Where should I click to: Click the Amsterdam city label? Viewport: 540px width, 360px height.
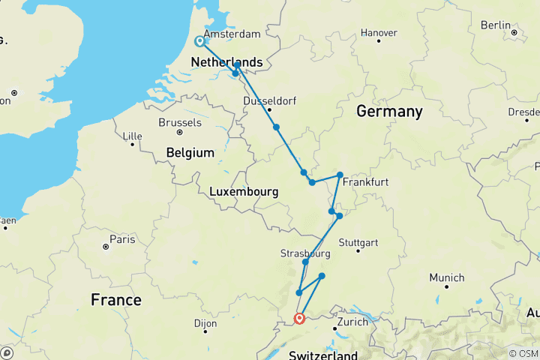(232, 34)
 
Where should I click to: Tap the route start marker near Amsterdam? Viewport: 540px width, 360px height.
(199, 42)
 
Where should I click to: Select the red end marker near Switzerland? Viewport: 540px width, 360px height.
(299, 318)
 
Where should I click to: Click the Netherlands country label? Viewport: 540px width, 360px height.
(226, 61)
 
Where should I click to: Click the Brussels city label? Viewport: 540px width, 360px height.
(180, 122)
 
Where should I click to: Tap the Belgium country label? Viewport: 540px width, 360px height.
(190, 152)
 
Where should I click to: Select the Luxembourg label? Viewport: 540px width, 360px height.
(244, 192)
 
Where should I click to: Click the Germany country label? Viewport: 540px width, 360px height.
(388, 112)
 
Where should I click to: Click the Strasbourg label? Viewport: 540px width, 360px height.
(305, 253)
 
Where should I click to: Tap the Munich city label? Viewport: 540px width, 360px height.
(446, 277)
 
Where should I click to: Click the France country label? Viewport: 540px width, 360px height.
(115, 300)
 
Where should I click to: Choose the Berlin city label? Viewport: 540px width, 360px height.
(495, 25)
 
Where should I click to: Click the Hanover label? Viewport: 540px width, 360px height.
(379, 33)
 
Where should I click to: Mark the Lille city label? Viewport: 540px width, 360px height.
(133, 136)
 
